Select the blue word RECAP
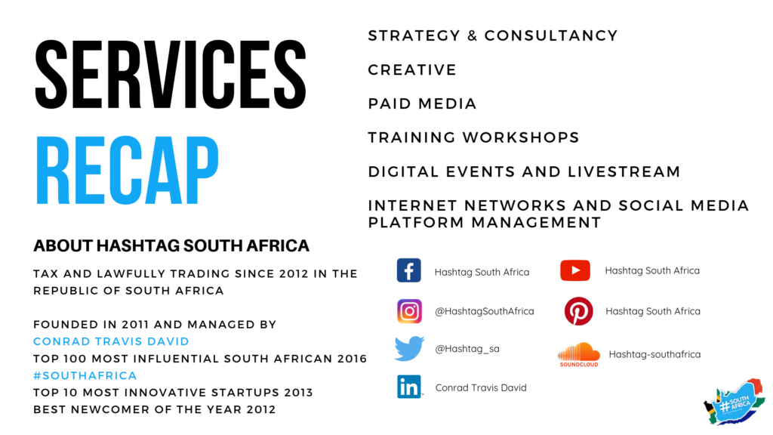pos(127,171)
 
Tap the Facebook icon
pos(409,270)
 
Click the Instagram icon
pos(409,310)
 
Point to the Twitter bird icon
pos(409,349)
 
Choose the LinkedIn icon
pos(409,387)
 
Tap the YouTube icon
pos(574,270)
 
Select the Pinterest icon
pos(579,311)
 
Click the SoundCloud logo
pos(579,353)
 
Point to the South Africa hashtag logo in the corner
pos(733,404)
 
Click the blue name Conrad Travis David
pos(111,341)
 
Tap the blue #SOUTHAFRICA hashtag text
pos(85,375)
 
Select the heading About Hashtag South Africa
pos(171,246)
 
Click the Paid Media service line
pos(422,103)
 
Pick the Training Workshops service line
pos(473,137)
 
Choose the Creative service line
pos(412,69)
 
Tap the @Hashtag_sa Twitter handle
pos(467,349)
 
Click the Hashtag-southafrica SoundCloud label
pos(654,354)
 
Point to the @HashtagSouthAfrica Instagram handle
pos(484,311)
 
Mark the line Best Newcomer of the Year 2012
pos(154,409)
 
